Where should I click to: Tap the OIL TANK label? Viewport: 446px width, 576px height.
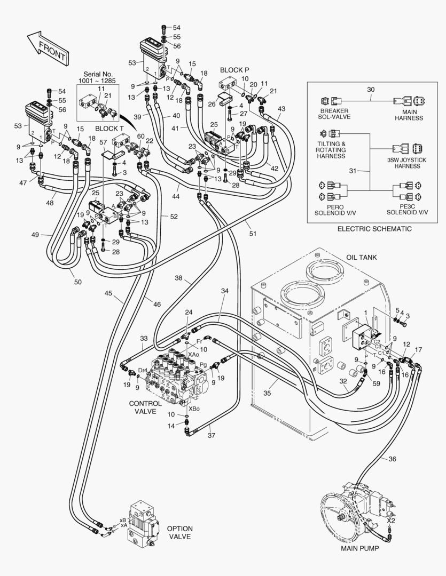361,257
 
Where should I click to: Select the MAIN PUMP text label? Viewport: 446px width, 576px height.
360,548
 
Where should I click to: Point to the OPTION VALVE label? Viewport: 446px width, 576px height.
180,532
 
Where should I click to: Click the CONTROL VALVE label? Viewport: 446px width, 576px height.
145,407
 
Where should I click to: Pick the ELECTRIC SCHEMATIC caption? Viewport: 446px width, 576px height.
374,228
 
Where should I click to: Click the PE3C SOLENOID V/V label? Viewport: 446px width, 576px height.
408,209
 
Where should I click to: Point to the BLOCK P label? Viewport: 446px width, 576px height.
235,70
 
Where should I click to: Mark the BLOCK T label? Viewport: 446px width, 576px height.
109,129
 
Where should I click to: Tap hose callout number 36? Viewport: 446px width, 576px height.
393,459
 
